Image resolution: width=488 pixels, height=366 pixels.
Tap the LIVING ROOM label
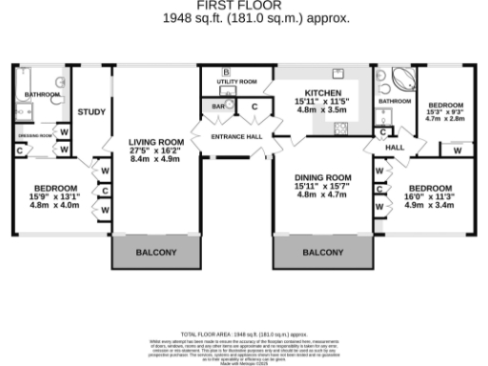coord(156,143)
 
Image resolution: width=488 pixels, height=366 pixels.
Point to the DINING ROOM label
coord(321,178)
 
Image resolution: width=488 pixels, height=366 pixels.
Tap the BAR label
coord(218,107)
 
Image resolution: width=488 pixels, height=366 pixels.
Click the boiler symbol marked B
coord(226,72)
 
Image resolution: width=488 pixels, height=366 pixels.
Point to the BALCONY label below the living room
coord(156,253)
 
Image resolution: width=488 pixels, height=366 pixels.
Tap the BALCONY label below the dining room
coord(322,253)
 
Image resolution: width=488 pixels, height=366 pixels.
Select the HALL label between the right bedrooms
coord(395,148)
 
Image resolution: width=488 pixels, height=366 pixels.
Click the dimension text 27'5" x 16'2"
coord(156,151)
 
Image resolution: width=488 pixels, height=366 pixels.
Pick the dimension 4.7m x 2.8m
coord(444,120)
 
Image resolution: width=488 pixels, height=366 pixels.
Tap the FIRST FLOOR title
coord(244,6)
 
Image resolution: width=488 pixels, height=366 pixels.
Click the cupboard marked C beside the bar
coord(254,107)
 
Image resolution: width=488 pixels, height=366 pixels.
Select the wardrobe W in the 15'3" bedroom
coord(457,150)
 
